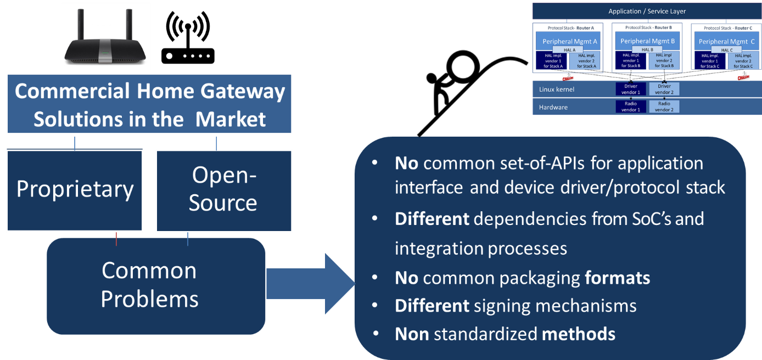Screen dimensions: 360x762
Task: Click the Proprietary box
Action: point(75,190)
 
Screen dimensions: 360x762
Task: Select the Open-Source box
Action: point(223,190)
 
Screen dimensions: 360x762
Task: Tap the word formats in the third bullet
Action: point(617,278)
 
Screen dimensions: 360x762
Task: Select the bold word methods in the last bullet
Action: point(579,334)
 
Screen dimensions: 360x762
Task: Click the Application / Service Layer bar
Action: point(647,11)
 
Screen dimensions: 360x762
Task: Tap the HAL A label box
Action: point(569,50)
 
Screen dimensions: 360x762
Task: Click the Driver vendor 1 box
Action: point(630,89)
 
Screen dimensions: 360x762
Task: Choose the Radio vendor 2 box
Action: point(664,106)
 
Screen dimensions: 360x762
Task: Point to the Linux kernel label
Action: point(556,89)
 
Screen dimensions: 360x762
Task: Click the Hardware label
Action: point(553,107)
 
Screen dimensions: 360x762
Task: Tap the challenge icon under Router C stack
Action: point(743,76)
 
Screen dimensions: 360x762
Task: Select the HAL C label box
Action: point(726,50)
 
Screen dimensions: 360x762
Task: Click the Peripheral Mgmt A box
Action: point(569,41)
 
